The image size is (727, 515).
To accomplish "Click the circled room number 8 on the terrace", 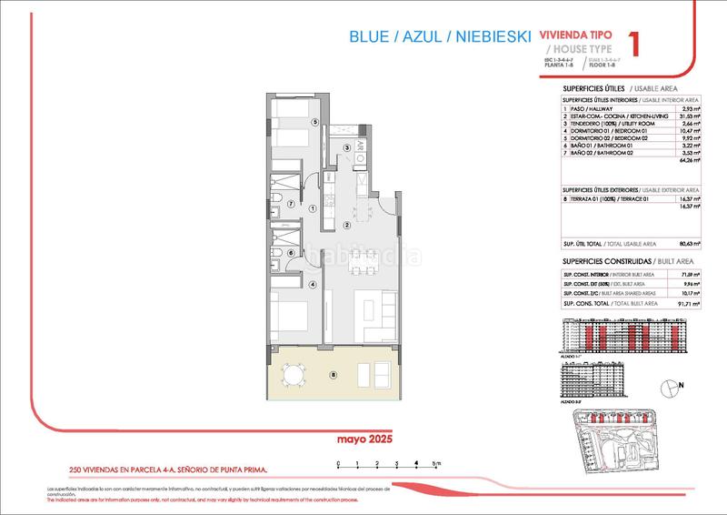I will pos(334,374).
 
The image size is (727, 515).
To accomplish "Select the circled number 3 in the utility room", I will pos(346,148).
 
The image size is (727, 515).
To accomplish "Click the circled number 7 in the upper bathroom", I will pos(290,204).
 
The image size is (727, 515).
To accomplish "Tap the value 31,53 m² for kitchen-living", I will pos(688,117).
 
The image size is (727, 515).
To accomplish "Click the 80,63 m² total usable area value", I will pos(688,244).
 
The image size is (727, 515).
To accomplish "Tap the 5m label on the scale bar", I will pos(437,464).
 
